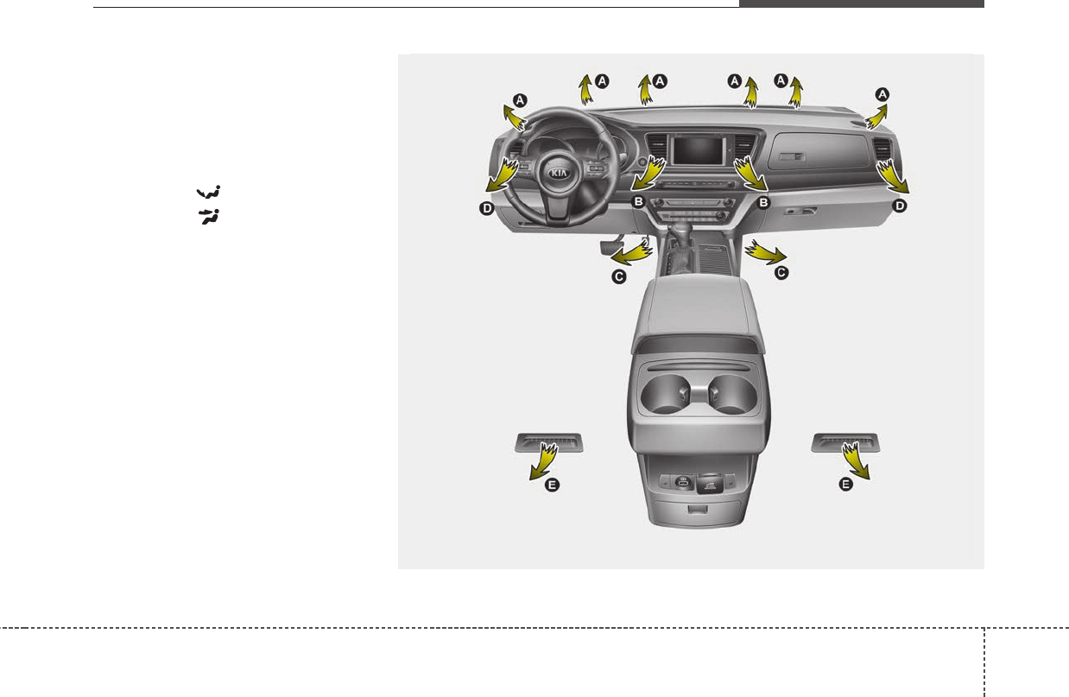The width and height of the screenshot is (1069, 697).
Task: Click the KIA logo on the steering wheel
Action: click(x=559, y=173)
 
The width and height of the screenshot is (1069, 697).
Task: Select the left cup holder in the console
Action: click(x=665, y=393)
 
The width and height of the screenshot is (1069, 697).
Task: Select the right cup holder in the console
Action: click(x=732, y=393)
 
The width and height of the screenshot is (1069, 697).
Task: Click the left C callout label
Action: click(x=619, y=277)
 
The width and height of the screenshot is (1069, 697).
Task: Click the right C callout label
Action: click(x=781, y=273)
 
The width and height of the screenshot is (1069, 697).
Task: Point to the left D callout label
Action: click(x=487, y=208)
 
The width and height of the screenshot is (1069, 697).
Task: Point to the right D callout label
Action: click(x=900, y=206)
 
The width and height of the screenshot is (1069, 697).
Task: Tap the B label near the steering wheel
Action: click(x=638, y=201)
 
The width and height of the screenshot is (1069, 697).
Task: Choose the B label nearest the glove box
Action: click(x=763, y=202)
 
